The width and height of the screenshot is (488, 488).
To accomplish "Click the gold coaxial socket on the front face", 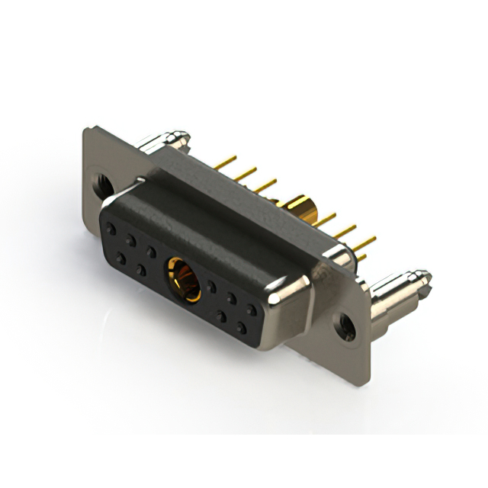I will (183, 279).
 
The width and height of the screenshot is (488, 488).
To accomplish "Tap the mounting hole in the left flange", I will (101, 183).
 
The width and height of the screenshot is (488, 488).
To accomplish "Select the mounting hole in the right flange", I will (347, 327).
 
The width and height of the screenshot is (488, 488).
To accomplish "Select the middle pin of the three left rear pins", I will (244, 175).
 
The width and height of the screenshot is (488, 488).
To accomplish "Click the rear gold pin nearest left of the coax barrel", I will (264, 185).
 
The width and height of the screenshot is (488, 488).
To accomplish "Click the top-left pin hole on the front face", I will (111, 227).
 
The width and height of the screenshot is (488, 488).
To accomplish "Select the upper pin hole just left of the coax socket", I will (152, 252).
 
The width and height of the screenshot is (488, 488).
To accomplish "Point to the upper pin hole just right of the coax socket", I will (211, 287).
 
